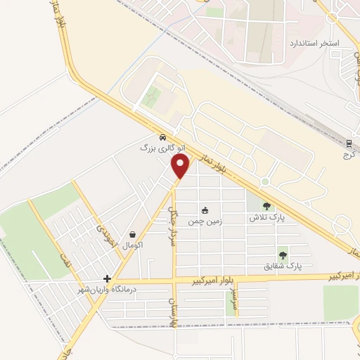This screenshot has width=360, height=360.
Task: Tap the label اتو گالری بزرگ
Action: click(157, 148)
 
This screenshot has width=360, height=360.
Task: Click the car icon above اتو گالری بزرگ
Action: click(163, 138)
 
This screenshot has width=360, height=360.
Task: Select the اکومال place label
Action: click(133, 245)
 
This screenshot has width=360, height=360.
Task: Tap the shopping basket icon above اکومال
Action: click(133, 234)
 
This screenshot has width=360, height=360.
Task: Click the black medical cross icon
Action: click(107, 278)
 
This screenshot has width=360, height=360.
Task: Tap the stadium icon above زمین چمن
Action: click(205, 210)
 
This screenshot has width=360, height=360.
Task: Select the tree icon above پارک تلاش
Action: click(267, 206)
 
